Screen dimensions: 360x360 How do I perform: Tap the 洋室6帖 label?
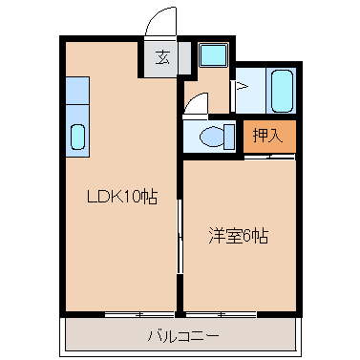click(238, 235)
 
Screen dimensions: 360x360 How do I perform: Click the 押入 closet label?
click(267, 135)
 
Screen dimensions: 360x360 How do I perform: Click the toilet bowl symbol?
click(211, 136)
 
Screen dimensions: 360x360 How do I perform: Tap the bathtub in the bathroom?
click(281, 91)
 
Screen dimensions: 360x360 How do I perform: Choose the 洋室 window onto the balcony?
click(216, 314)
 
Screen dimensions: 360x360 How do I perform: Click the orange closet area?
click(268, 135)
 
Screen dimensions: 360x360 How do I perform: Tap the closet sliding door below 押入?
click(268, 155)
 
